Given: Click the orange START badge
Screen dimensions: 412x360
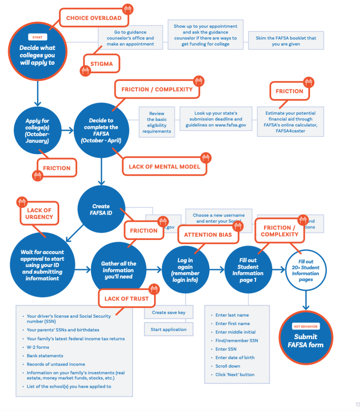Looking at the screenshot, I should coord(37,37).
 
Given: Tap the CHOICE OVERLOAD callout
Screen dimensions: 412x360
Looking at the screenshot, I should coord(94,18).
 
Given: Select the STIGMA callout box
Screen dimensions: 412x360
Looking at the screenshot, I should coord(102,64).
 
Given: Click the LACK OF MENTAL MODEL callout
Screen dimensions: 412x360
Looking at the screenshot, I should coord(164,167).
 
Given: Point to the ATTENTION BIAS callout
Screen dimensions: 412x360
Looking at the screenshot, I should coord(208,235).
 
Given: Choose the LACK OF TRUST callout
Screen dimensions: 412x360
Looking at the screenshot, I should coord(127,299).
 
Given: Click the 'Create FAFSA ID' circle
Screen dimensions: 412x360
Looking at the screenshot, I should coord(101,209).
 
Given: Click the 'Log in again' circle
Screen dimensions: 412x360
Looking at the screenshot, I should coord(185,270).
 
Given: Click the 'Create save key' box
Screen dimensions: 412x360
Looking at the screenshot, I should coord(169,313).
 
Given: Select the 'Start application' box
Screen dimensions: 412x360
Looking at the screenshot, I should coord(169,329).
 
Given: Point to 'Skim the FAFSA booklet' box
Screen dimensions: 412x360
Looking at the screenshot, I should coord(286,41).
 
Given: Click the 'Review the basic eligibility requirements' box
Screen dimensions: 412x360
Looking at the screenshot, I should coord(157,122).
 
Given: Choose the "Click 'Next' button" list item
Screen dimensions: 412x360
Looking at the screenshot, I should coord(235,375).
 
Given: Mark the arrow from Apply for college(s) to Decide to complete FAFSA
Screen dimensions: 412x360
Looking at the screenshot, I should coord(68,130).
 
